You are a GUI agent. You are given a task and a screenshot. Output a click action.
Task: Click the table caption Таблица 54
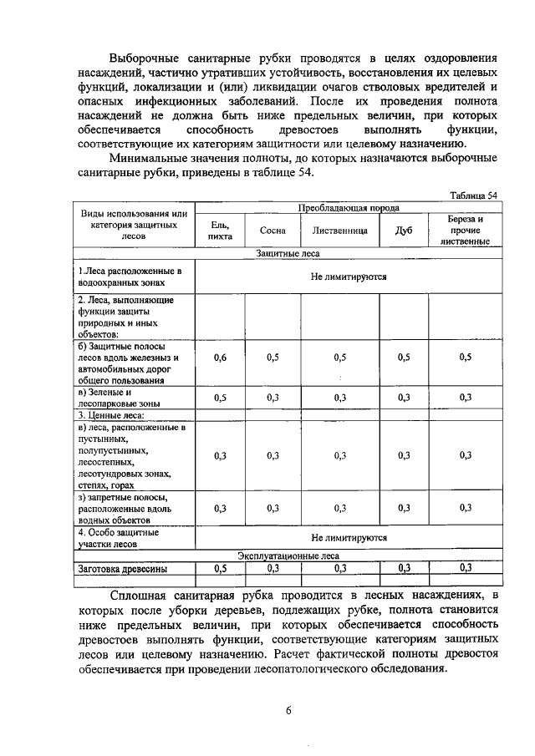pyautogui.click(x=473, y=195)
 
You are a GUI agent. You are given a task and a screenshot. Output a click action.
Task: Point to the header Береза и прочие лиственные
pyautogui.click(x=466, y=230)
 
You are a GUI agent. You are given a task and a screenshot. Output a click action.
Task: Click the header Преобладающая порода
pyautogui.click(x=349, y=207)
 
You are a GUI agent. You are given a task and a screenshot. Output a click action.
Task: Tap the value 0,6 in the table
pyautogui.click(x=220, y=358)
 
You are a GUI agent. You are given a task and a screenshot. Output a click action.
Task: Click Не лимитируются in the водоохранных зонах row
pyautogui.click(x=349, y=277)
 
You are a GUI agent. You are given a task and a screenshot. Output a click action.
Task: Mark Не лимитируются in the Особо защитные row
pyautogui.click(x=349, y=538)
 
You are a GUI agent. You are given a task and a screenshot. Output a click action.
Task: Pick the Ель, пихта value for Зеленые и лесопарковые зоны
pyautogui.click(x=220, y=398)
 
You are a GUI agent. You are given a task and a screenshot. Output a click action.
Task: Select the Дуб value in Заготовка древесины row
pyautogui.click(x=404, y=568)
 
